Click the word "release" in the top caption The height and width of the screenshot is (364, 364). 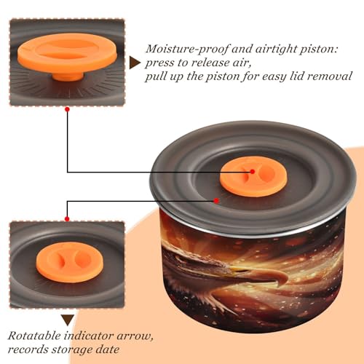coord(209,63)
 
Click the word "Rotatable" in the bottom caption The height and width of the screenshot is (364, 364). coord(34,336)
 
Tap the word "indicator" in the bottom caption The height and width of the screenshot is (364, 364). coord(89,336)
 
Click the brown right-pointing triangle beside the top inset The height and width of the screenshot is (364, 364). coord(135,63)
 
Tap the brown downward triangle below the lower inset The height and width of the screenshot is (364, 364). coord(68,320)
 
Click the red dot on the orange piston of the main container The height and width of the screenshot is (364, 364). coord(253,172)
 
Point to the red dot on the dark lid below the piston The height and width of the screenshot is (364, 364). coord(216,201)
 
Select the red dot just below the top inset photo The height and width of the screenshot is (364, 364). coord(68,110)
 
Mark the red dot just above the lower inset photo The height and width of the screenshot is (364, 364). coord(67,219)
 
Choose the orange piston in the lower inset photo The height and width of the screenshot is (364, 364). coord(70,262)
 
